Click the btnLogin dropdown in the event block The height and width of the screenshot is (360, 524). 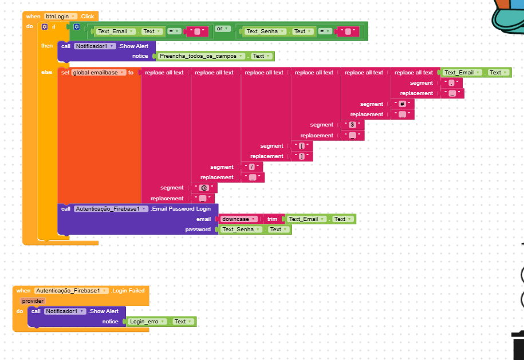click(61, 17)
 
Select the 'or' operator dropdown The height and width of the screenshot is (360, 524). click(222, 29)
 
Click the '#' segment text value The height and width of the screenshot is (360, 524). click(403, 104)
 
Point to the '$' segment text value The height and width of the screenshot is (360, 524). click(353, 125)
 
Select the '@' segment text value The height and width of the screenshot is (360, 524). click(203, 188)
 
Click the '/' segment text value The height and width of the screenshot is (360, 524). click(252, 167)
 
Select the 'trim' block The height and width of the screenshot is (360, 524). click(272, 219)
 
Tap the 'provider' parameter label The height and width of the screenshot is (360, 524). click(33, 300)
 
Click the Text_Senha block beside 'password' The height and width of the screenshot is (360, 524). click(241, 230)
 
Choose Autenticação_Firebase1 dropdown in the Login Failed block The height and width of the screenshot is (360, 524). click(71, 291)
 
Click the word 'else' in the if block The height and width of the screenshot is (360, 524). click(46, 72)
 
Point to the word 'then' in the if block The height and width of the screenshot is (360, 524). click(46, 46)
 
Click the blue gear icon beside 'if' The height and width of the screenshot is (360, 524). click(45, 27)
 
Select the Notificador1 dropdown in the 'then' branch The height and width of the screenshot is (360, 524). click(94, 46)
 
